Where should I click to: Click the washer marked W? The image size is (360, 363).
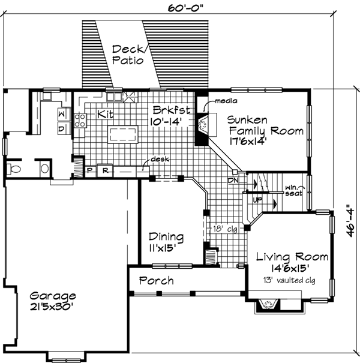[62, 114]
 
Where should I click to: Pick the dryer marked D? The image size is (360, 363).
[62, 127]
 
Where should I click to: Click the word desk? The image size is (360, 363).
[159, 160]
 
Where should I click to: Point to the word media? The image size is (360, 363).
[226, 101]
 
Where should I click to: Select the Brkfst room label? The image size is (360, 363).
[172, 110]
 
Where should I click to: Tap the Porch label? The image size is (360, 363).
[156, 280]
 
